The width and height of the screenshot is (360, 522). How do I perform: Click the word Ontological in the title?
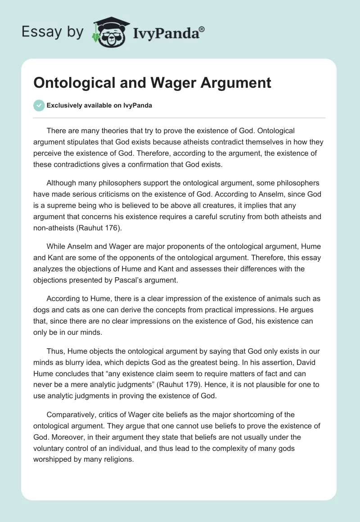tap(73, 83)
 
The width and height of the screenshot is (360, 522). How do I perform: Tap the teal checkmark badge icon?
tap(39, 105)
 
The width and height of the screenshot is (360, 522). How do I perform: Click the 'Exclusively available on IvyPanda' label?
tap(99, 106)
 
